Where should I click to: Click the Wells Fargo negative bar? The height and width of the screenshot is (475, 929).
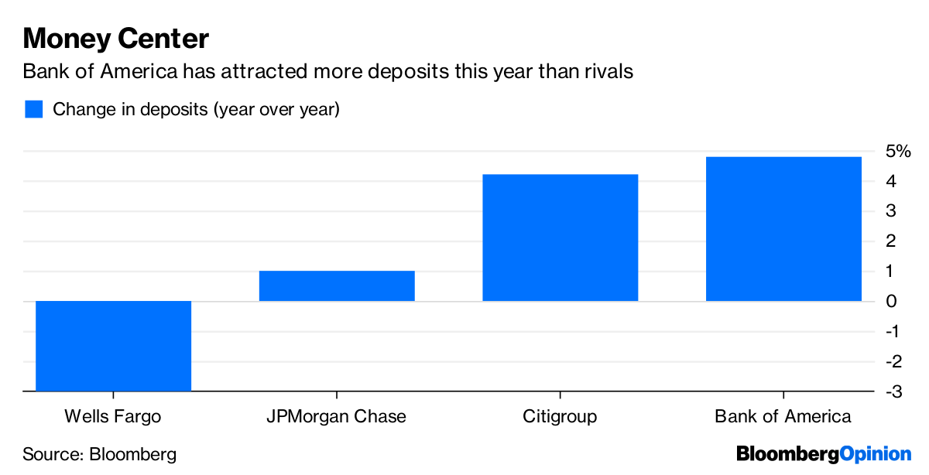tap(113, 346)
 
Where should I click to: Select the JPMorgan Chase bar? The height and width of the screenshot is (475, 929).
tap(337, 285)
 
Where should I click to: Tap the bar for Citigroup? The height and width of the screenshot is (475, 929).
tap(560, 237)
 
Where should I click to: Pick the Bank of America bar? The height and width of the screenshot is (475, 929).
tap(783, 229)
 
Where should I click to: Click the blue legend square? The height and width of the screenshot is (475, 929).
tap(33, 109)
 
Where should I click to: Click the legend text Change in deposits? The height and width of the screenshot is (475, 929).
tap(196, 109)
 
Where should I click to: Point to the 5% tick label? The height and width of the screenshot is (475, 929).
tap(898, 152)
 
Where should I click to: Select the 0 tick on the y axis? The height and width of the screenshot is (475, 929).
tap(892, 302)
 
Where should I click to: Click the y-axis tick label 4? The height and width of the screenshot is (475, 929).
tap(892, 182)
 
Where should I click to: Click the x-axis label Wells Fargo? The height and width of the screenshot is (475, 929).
tap(113, 417)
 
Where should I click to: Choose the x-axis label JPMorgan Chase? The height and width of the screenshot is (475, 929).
tap(336, 417)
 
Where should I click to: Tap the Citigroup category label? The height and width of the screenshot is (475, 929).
tap(560, 417)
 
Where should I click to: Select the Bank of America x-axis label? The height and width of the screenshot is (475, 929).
tap(783, 417)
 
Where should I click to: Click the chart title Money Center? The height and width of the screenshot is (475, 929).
tap(116, 39)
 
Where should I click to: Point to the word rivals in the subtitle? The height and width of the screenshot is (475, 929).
tap(608, 72)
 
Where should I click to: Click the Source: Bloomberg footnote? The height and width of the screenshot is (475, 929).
tap(100, 454)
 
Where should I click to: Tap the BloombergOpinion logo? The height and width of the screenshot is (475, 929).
tap(824, 454)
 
